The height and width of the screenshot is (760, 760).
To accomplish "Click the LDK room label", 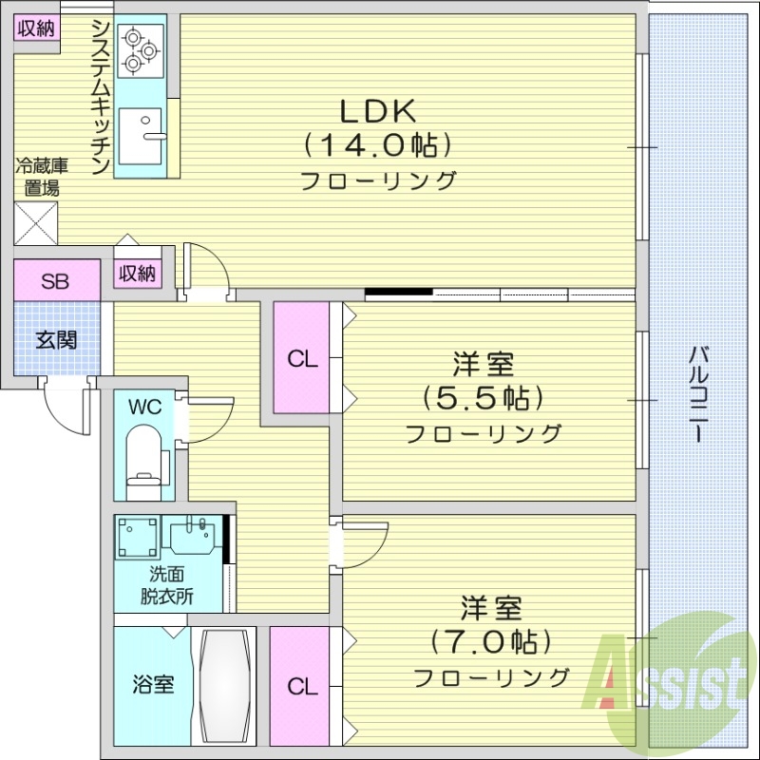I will pyautogui.click(x=377, y=111).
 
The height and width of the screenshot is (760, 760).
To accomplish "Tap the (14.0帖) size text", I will pyautogui.click(x=377, y=145).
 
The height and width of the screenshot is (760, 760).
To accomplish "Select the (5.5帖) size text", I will pyautogui.click(x=483, y=397).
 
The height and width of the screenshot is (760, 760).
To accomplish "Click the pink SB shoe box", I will pyautogui.click(x=56, y=281).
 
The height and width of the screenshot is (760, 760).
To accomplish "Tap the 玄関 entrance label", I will pyautogui.click(x=56, y=339).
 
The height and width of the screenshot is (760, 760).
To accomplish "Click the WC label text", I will pyautogui.click(x=145, y=408).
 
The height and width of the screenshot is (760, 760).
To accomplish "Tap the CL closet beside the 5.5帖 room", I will pyautogui.click(x=302, y=358).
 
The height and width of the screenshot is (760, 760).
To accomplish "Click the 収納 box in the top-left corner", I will pyautogui.click(x=36, y=28).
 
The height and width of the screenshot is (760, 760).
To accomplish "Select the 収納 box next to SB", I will pyautogui.click(x=137, y=273).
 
